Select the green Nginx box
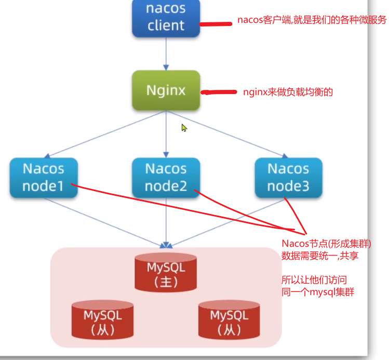click(166, 90)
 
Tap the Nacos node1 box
click(44, 178)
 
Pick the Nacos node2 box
click(166, 178)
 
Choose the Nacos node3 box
click(288, 178)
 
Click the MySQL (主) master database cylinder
click(166, 273)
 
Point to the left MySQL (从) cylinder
click(102, 320)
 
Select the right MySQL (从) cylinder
click(229, 320)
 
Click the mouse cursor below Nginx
click(184, 127)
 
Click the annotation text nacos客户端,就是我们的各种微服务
click(312, 20)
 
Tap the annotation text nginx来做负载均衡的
click(288, 92)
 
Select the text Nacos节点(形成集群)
click(327, 244)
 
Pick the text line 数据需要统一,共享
click(320, 256)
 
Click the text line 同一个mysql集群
click(318, 292)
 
